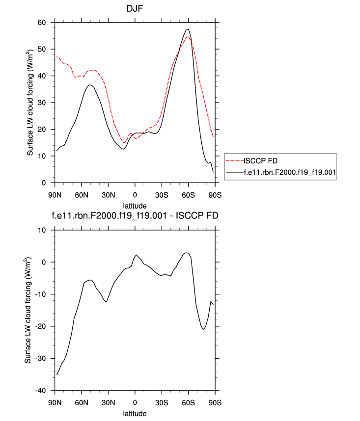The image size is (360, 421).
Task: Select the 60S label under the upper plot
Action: [189, 195]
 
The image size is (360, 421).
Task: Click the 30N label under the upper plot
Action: [108, 195]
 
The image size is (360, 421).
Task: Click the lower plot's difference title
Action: [135, 216]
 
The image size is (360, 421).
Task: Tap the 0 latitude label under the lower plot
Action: [135, 403]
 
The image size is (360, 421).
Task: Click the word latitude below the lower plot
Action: [135, 414]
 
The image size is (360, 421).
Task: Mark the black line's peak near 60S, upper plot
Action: [188, 29]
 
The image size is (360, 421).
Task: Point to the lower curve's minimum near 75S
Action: [203, 330]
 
